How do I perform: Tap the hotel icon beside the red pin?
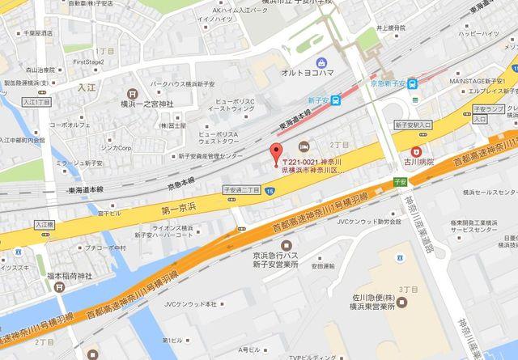[x=303, y=147]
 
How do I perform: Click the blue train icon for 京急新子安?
[x=412, y=83]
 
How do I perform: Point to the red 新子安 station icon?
[x=337, y=101]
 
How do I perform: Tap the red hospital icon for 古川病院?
[x=417, y=150]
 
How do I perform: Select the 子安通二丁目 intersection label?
[x=242, y=188]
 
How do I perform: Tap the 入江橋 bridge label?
[x=44, y=225]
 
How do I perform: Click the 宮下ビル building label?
[x=109, y=215]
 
